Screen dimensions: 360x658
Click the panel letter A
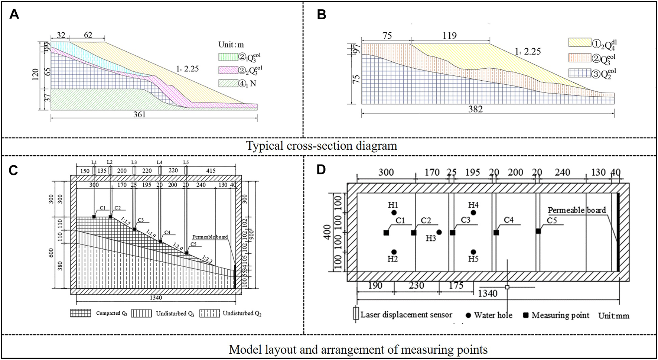point(14,14)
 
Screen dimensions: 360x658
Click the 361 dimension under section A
point(140,115)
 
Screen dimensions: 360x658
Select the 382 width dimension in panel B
point(475,109)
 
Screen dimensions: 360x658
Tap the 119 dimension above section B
point(449,36)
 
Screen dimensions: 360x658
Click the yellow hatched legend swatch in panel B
point(580,43)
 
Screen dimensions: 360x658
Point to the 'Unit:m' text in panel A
point(231,45)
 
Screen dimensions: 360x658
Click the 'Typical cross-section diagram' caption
point(322,146)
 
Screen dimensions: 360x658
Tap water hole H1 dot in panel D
point(394,213)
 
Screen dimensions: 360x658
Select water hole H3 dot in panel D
point(439,232)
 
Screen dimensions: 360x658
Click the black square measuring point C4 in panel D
point(496,233)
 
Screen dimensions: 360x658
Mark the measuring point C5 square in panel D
point(538,231)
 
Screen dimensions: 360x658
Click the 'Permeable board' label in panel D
point(577,210)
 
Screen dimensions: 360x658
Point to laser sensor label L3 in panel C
point(134,162)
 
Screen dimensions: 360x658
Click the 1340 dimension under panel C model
point(156,298)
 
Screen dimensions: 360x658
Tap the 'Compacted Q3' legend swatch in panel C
point(81,313)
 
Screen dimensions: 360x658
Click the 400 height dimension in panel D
point(327,232)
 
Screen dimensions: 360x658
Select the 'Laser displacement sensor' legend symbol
point(356,314)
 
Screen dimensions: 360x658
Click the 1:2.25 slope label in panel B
point(528,51)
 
